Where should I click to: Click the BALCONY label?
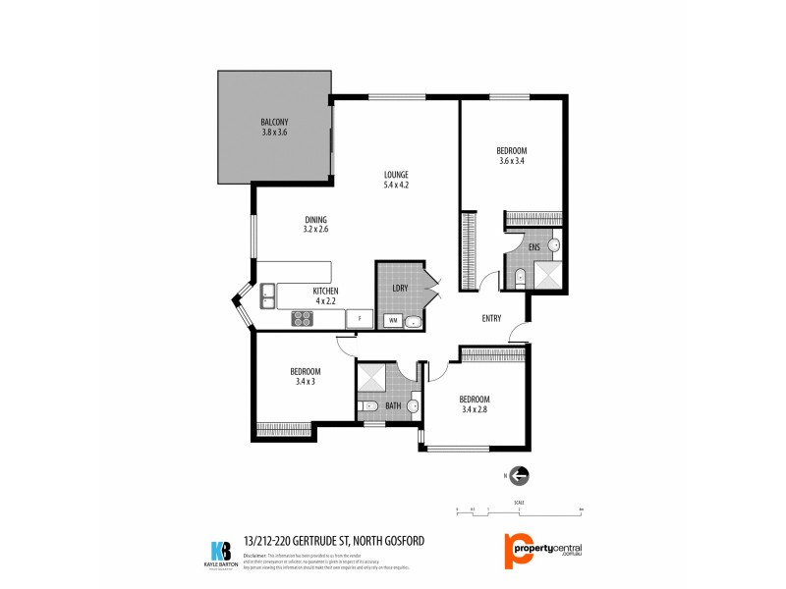pos(274,122)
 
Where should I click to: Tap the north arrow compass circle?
pos(520,476)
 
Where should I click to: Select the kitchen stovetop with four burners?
pos(301,318)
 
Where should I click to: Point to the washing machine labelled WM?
pos(392,320)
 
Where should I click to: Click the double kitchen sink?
pos(267,293)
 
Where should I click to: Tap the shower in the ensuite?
pos(546,276)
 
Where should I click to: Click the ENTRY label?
pos(492,318)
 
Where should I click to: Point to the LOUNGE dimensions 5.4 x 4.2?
pos(396,185)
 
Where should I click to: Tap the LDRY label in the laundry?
pos(400,288)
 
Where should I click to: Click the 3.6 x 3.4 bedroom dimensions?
pos(511,161)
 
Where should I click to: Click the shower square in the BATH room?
pos(372,377)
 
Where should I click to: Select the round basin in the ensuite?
pos(554,244)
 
